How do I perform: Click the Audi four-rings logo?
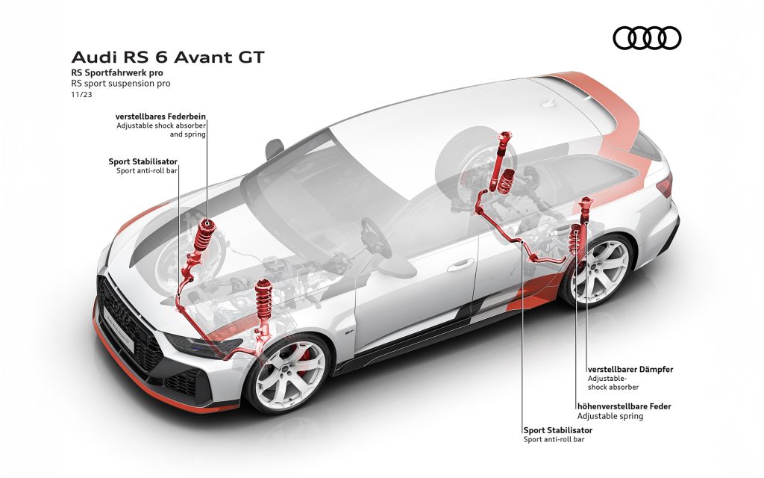pos(647,38)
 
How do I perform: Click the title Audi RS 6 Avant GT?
pos(168,57)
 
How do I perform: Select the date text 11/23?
pos(81,95)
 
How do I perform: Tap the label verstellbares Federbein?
pos(160,117)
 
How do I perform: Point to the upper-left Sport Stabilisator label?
pos(143,161)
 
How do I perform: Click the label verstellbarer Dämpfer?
pos(630,369)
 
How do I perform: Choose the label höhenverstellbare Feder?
pos(624,406)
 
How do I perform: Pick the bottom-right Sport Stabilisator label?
pos(558,430)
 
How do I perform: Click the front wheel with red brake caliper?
pos(289,373)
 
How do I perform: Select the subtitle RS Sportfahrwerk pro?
pos(117,72)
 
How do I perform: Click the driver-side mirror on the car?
pos(275,148)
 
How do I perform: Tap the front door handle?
pos(460,266)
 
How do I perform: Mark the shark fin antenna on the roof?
pos(549,103)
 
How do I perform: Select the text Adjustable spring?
pos(610,416)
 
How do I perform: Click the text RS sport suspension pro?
pos(121,84)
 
